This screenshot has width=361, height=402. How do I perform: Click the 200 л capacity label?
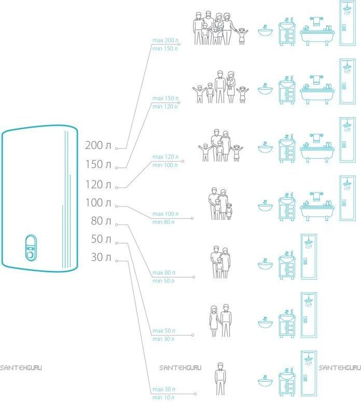(x=98, y=145)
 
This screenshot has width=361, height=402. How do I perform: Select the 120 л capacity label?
(x=98, y=184)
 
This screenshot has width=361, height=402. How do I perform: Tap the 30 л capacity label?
(x=101, y=257)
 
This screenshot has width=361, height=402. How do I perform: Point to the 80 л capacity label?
(x=101, y=221)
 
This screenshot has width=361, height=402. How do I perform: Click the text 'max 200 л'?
(x=165, y=40)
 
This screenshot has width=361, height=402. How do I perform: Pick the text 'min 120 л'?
(x=165, y=106)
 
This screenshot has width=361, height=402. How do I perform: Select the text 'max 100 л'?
(x=165, y=214)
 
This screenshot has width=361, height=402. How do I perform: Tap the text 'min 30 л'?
(x=163, y=339)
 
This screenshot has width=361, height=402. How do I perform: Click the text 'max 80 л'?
(x=163, y=272)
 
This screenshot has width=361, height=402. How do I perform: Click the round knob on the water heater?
(x=31, y=255)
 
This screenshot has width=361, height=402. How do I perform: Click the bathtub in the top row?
(x=317, y=31)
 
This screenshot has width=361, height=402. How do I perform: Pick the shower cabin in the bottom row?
(x=309, y=373)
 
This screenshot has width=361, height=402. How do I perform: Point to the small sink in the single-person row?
(x=265, y=381)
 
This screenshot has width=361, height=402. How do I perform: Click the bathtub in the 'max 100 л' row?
(x=317, y=206)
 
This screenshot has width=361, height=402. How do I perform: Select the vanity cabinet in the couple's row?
(x=287, y=324)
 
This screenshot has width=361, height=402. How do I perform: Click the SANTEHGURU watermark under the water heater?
(x=21, y=368)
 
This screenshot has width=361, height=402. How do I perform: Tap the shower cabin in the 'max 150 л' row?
(x=348, y=81)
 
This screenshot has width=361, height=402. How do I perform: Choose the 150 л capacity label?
(x=98, y=164)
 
